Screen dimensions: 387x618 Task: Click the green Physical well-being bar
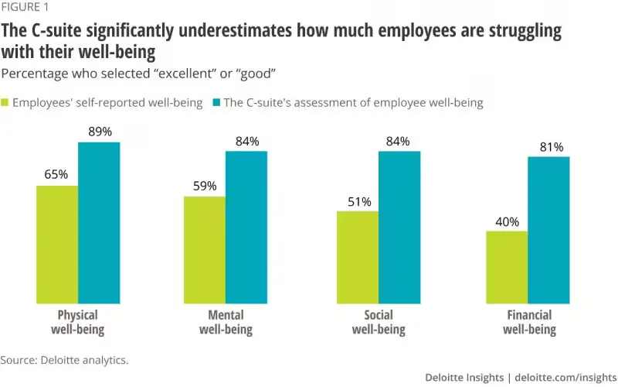57,245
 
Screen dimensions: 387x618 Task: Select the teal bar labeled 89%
99,223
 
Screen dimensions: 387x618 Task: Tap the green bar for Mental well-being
204,250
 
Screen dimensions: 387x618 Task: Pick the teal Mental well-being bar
246,227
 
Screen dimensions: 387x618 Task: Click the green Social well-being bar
357,257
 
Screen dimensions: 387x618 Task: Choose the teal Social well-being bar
399,227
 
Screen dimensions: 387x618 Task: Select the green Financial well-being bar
506,267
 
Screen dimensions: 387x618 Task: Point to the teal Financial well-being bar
548,230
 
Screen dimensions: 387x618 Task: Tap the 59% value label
204,187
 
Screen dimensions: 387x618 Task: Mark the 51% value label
357,201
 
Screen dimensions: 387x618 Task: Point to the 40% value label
506,221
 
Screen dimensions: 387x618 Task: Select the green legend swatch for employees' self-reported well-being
6,102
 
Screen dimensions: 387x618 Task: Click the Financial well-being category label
529,322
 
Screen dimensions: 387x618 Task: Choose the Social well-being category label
378,322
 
